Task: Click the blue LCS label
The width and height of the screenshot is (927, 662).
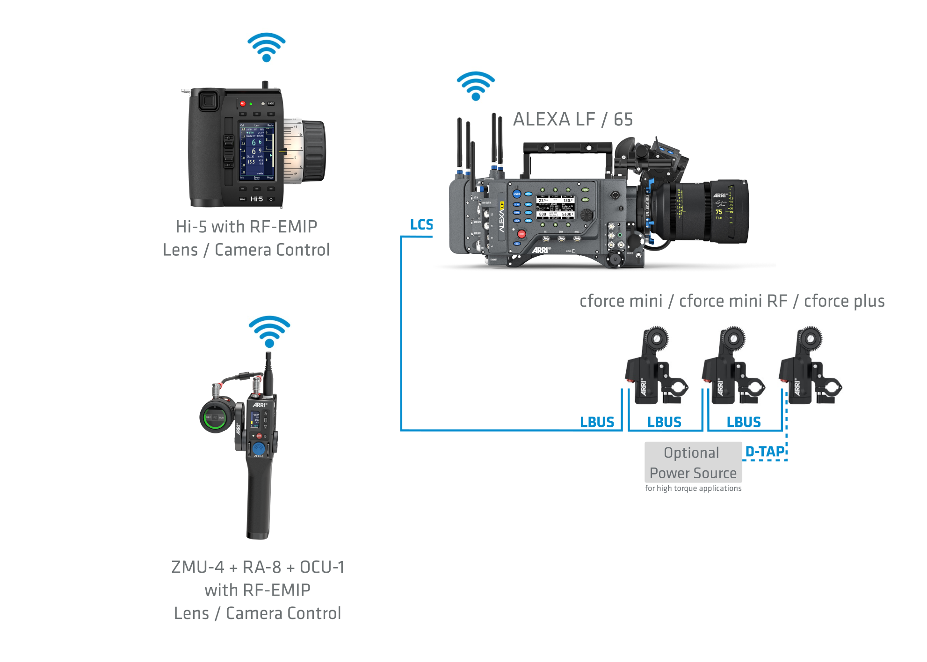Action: click(421, 225)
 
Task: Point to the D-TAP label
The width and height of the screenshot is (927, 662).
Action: click(765, 452)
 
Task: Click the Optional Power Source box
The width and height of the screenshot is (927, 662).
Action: click(693, 462)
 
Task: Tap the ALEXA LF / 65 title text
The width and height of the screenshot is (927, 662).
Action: click(573, 120)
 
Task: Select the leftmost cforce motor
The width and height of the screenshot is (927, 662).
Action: click(655, 367)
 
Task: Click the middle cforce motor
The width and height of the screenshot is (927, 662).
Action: click(732, 367)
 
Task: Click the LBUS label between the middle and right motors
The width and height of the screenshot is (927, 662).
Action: click(744, 422)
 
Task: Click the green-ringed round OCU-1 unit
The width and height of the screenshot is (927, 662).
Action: click(216, 417)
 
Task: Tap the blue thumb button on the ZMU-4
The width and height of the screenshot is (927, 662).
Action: click(259, 448)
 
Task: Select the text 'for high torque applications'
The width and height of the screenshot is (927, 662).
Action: click(693, 489)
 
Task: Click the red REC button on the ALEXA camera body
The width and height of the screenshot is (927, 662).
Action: click(521, 234)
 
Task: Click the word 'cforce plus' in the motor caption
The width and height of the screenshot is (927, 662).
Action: click(844, 302)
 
